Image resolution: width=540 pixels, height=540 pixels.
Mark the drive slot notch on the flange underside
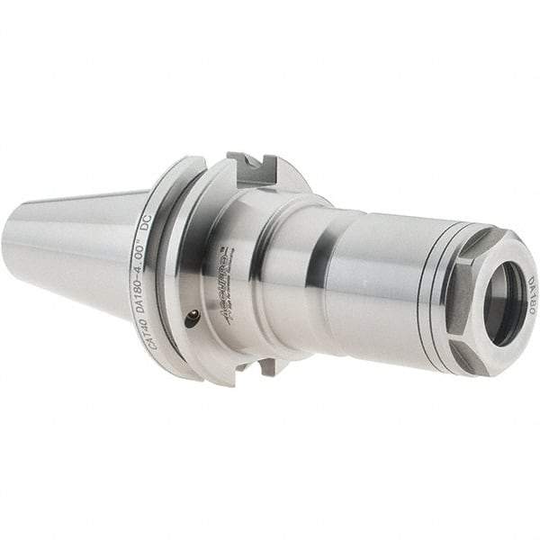point(265,367)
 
